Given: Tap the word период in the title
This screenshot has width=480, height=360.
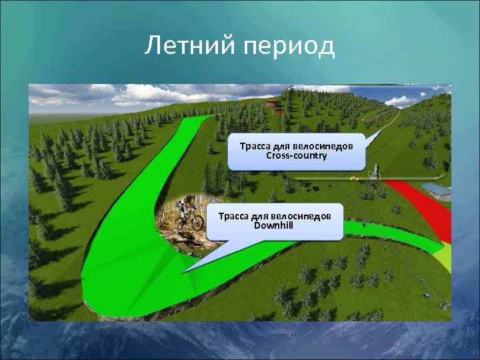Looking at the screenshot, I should tap(288, 47).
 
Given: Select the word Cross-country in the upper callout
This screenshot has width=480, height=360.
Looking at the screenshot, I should tap(296, 155).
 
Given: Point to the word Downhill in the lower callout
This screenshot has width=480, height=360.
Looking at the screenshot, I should tap(275, 225).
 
